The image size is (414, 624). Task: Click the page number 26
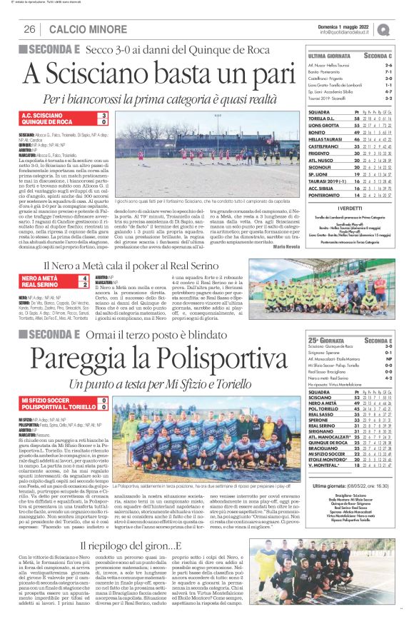[30, 29]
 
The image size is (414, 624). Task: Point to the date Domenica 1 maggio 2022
[349, 25]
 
